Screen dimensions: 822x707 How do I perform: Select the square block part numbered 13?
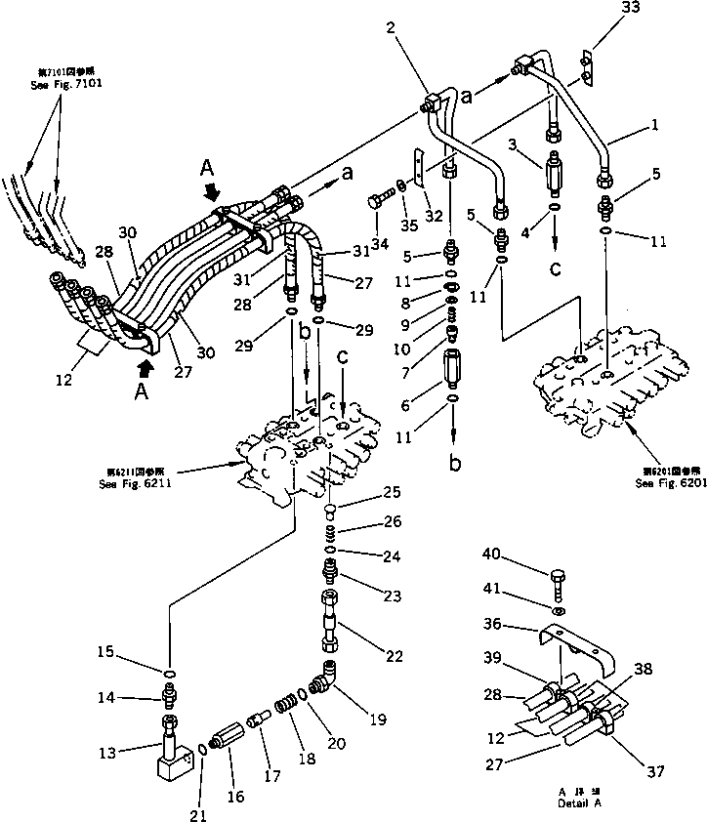pyautogui.click(x=173, y=762)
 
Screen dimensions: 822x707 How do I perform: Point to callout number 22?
pyautogui.click(x=394, y=656)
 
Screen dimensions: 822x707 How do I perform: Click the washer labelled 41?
pyautogui.click(x=555, y=612)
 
